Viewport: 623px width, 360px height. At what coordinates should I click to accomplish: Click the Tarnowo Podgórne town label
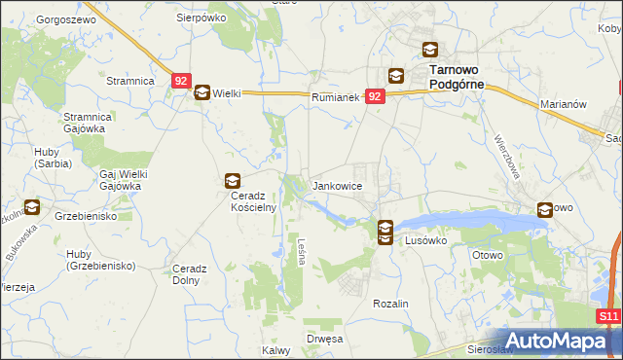coord(458,77)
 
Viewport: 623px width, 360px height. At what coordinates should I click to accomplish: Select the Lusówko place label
coord(424,239)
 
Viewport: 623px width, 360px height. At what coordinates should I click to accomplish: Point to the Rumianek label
coord(337,97)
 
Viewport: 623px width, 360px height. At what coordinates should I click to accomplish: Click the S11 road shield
coord(608,317)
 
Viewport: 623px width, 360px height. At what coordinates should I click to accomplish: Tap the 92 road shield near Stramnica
coord(182,83)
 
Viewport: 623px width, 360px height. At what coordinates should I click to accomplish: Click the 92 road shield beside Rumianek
coord(377,96)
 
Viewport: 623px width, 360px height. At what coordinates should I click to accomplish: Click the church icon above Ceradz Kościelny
coord(233,180)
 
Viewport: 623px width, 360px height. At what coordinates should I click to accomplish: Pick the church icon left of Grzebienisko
coord(31,206)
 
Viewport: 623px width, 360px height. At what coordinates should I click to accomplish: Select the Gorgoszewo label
coord(63,19)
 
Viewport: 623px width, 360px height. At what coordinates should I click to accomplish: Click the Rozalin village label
coord(390,304)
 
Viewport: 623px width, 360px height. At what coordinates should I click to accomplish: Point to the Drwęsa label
coord(324,339)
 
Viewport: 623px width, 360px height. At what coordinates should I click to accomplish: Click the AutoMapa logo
coord(555,341)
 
